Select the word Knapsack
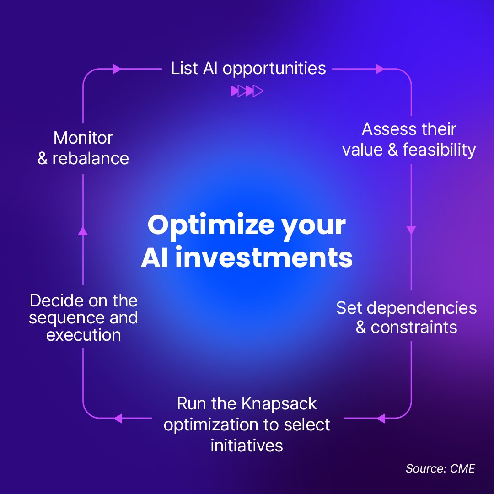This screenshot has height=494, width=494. tap(279, 404)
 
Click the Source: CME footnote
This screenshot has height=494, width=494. tap(440, 469)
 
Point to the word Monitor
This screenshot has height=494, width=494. tap(83, 138)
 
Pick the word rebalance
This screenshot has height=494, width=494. tap(91, 158)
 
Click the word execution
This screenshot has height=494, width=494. tap(84, 335)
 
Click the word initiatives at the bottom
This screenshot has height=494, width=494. tap(247, 446)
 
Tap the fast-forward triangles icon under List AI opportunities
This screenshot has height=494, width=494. tap(247, 91)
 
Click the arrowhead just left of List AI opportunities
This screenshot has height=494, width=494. tap(118, 69)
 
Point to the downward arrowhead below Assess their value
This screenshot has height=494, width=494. tap(411, 230)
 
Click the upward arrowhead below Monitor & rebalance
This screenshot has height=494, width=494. tap(83, 231)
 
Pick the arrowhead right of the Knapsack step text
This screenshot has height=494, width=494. tap(380, 418)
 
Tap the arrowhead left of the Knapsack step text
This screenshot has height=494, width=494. tap(118, 418)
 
